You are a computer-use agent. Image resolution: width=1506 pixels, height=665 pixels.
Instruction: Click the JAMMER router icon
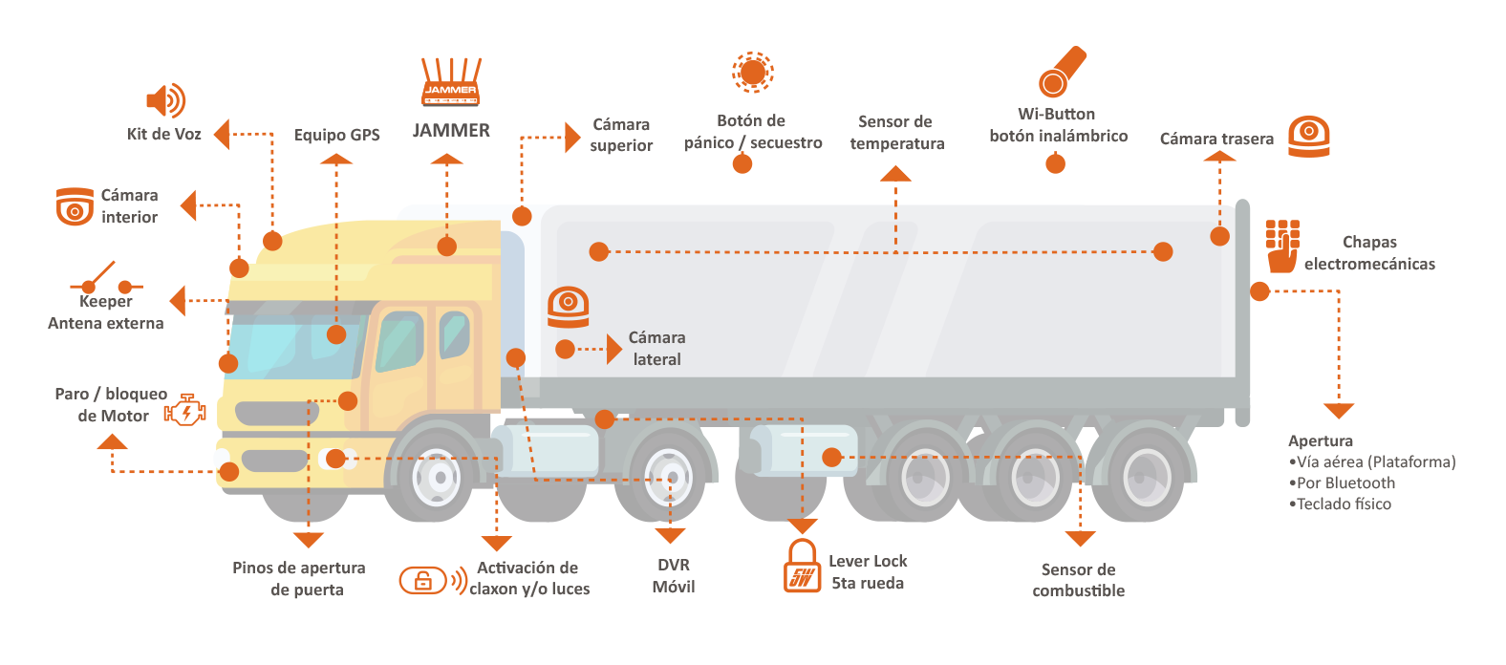click(x=450, y=82)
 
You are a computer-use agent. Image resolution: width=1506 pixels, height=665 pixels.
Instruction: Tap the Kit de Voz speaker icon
click(x=165, y=100)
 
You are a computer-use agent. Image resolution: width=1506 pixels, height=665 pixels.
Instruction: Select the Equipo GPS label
click(x=336, y=135)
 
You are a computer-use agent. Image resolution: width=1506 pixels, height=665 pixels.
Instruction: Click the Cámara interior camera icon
click(x=75, y=206)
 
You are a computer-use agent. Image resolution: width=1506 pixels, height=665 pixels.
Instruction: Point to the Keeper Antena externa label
click(x=106, y=312)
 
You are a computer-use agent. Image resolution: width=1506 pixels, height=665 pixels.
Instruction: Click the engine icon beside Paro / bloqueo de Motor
click(x=184, y=411)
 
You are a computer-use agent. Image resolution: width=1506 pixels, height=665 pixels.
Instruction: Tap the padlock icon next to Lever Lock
click(x=802, y=568)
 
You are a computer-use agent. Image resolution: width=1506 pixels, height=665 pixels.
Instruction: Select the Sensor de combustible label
click(x=1078, y=580)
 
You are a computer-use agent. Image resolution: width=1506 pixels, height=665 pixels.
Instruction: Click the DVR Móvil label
click(x=674, y=575)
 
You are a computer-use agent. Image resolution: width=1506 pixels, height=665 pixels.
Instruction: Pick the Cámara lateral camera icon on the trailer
click(x=568, y=306)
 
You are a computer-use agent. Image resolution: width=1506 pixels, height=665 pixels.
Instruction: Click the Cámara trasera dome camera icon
click(x=1308, y=136)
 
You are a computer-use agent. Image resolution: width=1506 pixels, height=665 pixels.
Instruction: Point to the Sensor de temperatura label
click(x=896, y=133)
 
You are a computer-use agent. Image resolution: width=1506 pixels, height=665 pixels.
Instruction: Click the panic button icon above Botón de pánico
click(x=752, y=72)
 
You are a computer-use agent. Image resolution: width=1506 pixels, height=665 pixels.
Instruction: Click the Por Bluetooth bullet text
click(x=1345, y=483)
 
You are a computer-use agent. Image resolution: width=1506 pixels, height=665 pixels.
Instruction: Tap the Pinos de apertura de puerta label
click(x=299, y=578)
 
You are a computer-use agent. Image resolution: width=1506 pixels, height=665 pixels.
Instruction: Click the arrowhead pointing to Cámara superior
click(x=572, y=137)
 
